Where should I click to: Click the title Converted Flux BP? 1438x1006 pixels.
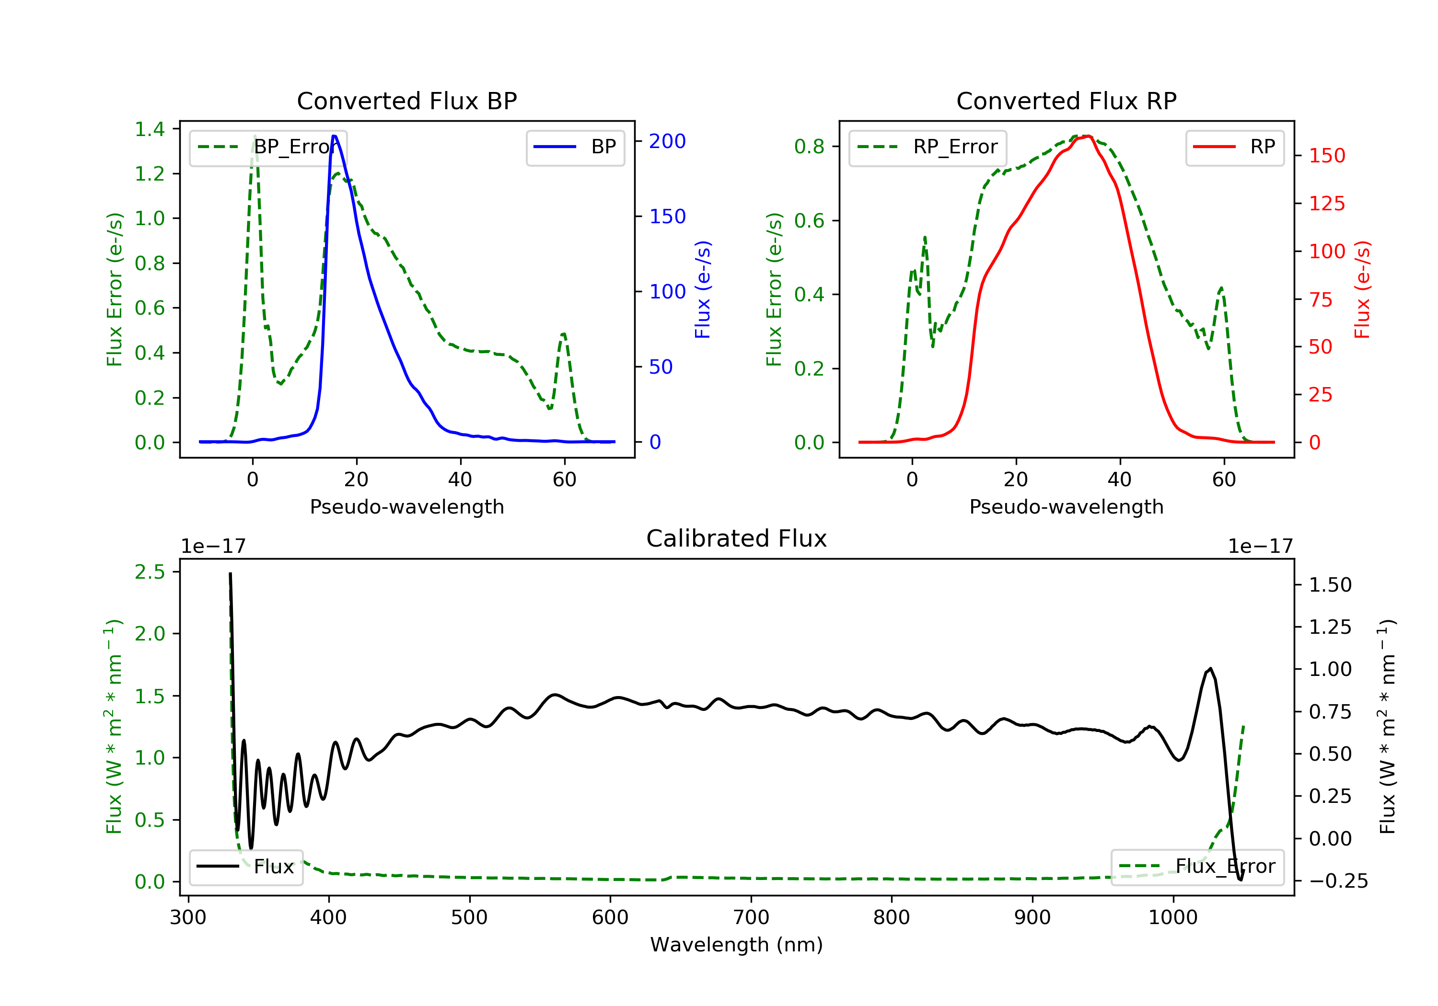[x=407, y=101]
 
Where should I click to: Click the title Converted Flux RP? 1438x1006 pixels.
[x=1067, y=101]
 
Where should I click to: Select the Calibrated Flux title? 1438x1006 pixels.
[x=737, y=538]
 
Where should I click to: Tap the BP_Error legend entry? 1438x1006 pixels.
[x=268, y=147]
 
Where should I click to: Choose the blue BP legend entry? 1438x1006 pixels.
[x=576, y=147]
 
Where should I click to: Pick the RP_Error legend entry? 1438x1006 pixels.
[x=928, y=147]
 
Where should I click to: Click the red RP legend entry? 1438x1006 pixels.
[x=1234, y=147]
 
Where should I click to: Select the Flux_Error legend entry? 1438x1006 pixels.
[x=1197, y=867]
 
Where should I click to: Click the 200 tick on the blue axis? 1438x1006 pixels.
[x=667, y=141]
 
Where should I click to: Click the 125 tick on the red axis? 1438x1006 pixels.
[x=1326, y=204]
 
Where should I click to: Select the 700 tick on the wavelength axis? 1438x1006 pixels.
[x=751, y=918]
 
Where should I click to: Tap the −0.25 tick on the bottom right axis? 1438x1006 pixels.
[x=1338, y=881]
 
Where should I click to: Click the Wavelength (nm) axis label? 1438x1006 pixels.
[x=737, y=945]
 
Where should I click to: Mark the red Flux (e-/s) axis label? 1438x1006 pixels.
[x=1362, y=290]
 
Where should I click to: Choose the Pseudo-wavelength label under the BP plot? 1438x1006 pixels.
[x=407, y=506]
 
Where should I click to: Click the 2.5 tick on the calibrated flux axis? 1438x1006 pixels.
[x=150, y=572]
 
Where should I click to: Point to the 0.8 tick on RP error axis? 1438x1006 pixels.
[x=809, y=147]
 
